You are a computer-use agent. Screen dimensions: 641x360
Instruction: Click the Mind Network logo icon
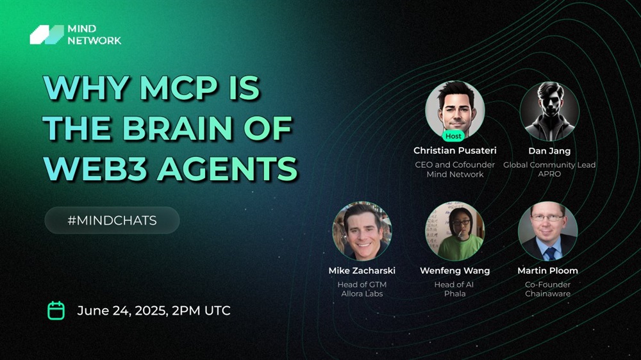pyautogui.click(x=47, y=35)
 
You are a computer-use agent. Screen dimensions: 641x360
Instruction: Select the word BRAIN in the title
pyautogui.click(x=178, y=128)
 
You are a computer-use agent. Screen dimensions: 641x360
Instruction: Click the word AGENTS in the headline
pyautogui.click(x=228, y=168)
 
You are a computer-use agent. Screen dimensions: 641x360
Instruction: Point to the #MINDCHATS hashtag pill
pyautogui.click(x=112, y=220)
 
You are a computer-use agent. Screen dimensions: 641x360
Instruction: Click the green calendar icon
pyautogui.click(x=56, y=311)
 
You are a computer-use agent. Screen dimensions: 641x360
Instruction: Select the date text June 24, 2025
pyautogui.click(x=122, y=311)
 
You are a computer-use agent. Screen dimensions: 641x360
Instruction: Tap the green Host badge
pyautogui.click(x=453, y=136)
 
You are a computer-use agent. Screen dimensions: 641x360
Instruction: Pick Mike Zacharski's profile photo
pyautogui.click(x=362, y=231)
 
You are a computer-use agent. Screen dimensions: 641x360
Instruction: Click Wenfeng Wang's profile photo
pyautogui.click(x=455, y=231)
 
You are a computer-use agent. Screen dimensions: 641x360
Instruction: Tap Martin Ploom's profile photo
pyautogui.click(x=548, y=231)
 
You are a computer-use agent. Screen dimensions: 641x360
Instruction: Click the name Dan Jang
pyautogui.click(x=549, y=151)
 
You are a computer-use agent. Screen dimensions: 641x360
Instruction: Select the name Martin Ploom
pyautogui.click(x=548, y=270)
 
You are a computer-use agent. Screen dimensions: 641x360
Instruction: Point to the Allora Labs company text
pyautogui.click(x=362, y=293)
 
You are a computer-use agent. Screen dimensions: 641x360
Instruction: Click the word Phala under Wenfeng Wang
pyautogui.click(x=455, y=293)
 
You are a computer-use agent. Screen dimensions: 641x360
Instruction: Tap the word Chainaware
pyautogui.click(x=548, y=293)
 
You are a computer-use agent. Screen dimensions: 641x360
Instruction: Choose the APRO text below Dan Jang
pyautogui.click(x=549, y=174)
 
